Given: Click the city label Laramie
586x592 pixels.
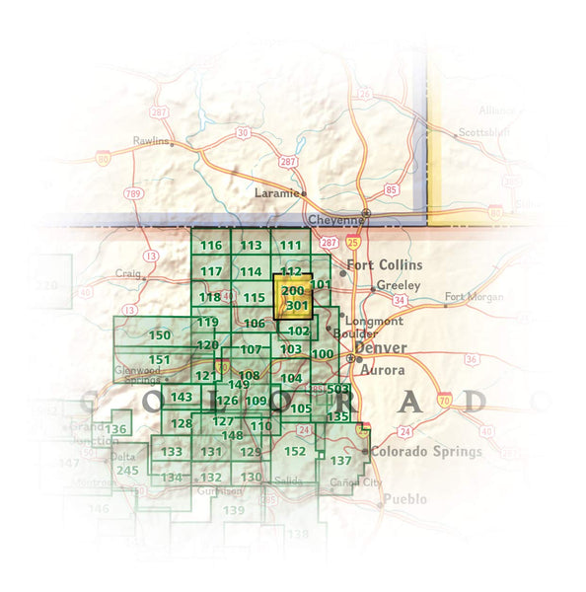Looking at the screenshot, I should click(x=275, y=193).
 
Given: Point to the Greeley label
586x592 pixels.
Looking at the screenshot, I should click(x=399, y=285).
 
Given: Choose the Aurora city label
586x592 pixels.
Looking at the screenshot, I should click(x=383, y=370).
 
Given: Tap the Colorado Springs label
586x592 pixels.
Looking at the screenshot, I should click(x=426, y=452).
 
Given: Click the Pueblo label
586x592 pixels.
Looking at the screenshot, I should click(x=405, y=499).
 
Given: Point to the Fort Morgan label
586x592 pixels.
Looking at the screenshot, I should click(x=474, y=297).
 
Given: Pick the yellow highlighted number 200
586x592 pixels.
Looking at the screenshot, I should click(x=293, y=291).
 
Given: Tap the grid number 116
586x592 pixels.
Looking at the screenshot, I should click(x=211, y=246).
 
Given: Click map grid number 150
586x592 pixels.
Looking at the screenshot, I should click(x=159, y=336).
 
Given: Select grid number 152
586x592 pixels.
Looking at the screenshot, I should click(x=295, y=452).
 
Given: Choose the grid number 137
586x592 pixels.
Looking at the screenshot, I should click(x=341, y=461).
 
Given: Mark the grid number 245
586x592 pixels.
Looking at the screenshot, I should click(x=127, y=470).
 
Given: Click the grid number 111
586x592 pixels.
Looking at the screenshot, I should click(x=290, y=246).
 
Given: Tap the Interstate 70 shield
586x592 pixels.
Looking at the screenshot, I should click(x=446, y=401).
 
